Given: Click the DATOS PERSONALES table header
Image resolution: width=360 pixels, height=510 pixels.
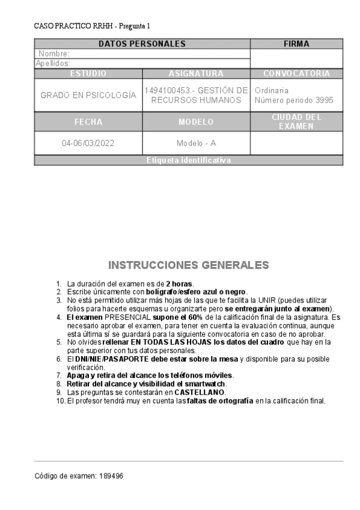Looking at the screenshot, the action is pyautogui.click(x=142, y=44).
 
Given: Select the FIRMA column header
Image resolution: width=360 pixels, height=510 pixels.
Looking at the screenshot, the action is pyautogui.click(x=296, y=44).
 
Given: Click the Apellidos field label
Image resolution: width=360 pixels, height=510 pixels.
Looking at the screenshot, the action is pyautogui.click(x=53, y=63).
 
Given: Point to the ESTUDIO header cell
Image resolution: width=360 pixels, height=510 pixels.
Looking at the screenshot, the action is pyautogui.click(x=88, y=73).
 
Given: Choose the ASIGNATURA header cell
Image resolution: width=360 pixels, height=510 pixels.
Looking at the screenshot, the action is pyautogui.click(x=196, y=73).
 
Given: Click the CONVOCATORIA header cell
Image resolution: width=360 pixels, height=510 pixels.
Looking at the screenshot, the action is pyautogui.click(x=296, y=73).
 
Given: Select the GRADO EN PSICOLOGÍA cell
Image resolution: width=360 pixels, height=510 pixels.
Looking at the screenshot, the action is pyautogui.click(x=88, y=95).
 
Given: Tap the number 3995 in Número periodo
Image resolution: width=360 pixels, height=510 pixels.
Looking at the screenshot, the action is pyautogui.click(x=324, y=100).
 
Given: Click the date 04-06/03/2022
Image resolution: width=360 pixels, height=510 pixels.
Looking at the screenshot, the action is pyautogui.click(x=88, y=144).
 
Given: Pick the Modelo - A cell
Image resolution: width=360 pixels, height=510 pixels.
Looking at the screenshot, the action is pyautogui.click(x=196, y=144).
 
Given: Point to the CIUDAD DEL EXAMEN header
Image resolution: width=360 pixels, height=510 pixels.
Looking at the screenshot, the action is pyautogui.click(x=296, y=121).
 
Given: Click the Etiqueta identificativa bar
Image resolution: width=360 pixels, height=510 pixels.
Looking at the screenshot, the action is pyautogui.click(x=188, y=160).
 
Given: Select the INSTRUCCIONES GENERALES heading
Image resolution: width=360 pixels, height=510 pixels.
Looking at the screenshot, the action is pyautogui.click(x=188, y=265).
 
